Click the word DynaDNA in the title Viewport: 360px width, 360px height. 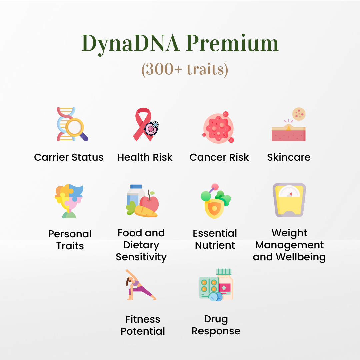pos(131,44)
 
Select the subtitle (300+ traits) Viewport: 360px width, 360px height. pos(185,69)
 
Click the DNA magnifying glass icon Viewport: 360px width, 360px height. pos(73,124)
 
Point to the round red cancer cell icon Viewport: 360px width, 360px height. pos(218,128)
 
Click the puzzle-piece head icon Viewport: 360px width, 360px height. pos(69,201)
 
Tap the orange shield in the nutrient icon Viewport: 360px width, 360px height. pos(214,208)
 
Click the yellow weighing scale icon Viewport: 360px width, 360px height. pos(289,200)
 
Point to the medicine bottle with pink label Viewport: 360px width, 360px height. pos(225,284)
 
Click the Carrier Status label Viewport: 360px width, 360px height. pos(69,157)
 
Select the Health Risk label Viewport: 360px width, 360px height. pos(145,157)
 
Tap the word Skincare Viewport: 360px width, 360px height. pos(289,157)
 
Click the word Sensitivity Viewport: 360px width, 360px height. pos(141,257)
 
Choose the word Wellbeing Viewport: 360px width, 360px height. pos(301,257)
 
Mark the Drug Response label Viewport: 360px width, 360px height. pos(216,325)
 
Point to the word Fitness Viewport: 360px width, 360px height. pos(143,319)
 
